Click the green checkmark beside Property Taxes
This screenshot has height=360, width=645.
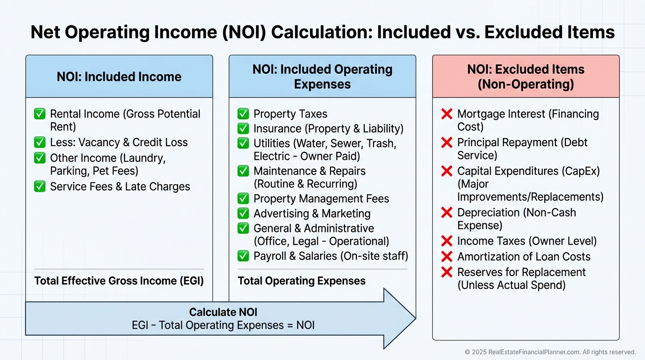click(x=243, y=114)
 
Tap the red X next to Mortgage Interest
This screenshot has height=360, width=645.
click(x=447, y=114)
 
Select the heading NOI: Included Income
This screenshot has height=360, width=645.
click(x=119, y=77)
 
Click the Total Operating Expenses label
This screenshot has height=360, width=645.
click(x=301, y=281)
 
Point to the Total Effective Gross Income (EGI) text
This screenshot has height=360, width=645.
click(x=119, y=281)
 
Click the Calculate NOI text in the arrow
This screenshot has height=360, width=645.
click(x=223, y=312)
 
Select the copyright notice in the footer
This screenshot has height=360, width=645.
click(x=550, y=352)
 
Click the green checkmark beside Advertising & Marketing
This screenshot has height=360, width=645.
click(x=243, y=213)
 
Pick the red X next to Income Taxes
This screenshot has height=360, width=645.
click(x=447, y=241)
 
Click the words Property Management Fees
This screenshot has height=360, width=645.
click(x=321, y=199)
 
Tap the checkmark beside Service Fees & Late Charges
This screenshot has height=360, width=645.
click(x=40, y=187)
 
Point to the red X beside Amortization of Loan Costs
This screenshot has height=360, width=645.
click(x=447, y=256)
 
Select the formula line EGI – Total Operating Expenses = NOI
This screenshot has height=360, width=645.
click(x=223, y=325)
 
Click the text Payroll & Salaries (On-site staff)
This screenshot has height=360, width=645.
click(x=330, y=256)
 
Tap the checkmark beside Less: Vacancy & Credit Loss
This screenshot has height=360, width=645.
click(x=40, y=142)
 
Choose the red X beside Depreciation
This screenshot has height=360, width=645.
click(x=447, y=213)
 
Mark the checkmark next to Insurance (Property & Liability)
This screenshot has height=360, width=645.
click(x=243, y=128)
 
